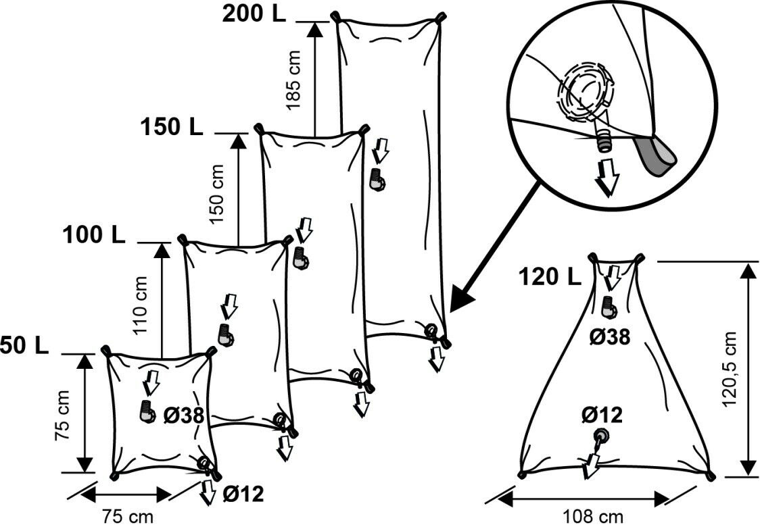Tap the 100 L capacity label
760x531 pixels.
click(94, 235)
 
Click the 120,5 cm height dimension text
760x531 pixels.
click(730, 370)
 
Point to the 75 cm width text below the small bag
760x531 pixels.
click(128, 517)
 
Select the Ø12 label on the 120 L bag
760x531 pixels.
click(601, 415)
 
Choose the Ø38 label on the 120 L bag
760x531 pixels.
click(609, 336)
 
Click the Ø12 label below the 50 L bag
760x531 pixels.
click(242, 495)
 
